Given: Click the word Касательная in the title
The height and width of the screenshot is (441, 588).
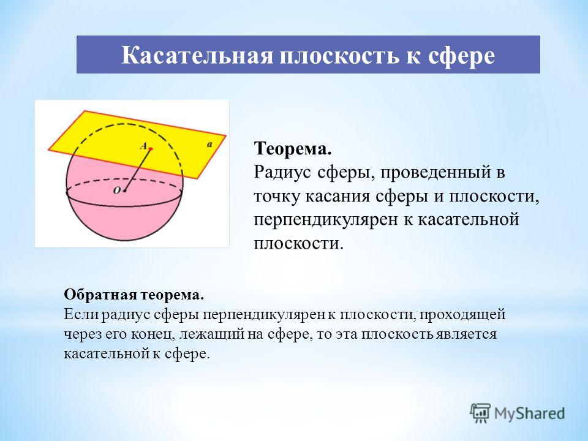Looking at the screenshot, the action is [197, 56].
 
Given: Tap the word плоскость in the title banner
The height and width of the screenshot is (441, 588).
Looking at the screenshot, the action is [337, 56].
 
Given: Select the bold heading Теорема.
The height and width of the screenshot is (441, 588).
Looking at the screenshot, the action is [293, 148].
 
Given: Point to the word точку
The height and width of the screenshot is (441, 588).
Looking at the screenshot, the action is [277, 197].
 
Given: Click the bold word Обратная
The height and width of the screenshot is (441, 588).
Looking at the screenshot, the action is [100, 295].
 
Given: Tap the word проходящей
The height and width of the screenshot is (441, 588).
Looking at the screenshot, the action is [462, 315].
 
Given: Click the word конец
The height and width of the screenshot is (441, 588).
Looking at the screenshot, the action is [153, 334].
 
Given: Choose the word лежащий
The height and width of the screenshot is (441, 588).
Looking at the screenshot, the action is [212, 334].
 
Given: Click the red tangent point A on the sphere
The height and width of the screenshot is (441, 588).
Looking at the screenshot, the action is [151, 149].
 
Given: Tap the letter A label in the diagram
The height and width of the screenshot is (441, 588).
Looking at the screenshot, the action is [143, 146].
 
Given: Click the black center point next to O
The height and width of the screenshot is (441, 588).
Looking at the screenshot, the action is [124, 191].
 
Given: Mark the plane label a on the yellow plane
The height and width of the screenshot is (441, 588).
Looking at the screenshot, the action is [209, 145].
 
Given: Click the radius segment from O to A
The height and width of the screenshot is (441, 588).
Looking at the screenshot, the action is [138, 170].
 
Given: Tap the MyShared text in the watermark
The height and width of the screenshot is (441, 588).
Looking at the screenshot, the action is [529, 414].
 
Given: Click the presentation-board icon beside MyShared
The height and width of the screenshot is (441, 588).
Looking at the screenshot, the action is [480, 413].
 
